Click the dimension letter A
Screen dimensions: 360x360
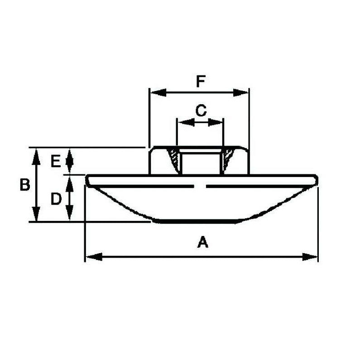coord(203,243)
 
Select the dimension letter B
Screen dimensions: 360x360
coord(24,185)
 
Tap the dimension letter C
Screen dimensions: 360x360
coord(201,110)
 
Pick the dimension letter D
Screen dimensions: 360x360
coord(56,198)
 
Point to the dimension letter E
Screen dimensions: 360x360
coord(55,161)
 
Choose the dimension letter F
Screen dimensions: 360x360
coord(201,82)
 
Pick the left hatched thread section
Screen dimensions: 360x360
coord(173,160)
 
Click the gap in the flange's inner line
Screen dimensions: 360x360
coord(201,186)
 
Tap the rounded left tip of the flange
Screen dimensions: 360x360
coord(88,180)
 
